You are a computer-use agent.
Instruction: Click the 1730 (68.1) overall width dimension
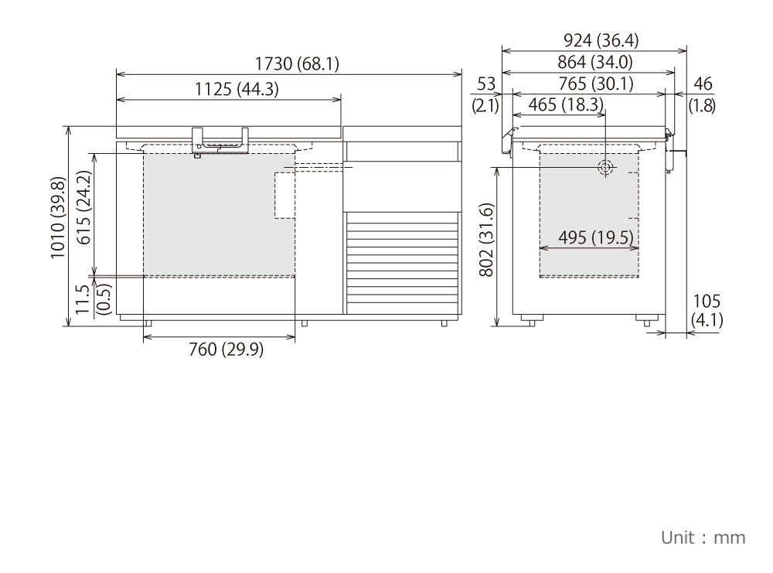click(297, 63)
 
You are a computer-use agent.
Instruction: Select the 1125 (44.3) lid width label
click(237, 89)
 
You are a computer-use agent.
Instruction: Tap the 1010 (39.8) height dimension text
click(58, 217)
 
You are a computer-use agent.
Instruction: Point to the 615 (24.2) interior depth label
click(84, 207)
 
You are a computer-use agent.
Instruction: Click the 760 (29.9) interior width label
click(226, 349)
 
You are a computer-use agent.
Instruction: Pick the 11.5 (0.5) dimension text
click(93, 298)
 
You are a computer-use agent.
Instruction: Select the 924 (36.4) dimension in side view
click(601, 40)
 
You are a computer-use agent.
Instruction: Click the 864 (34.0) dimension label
click(595, 62)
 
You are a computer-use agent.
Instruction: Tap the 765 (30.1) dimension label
click(596, 84)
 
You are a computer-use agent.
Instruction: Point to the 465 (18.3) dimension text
click(566, 104)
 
